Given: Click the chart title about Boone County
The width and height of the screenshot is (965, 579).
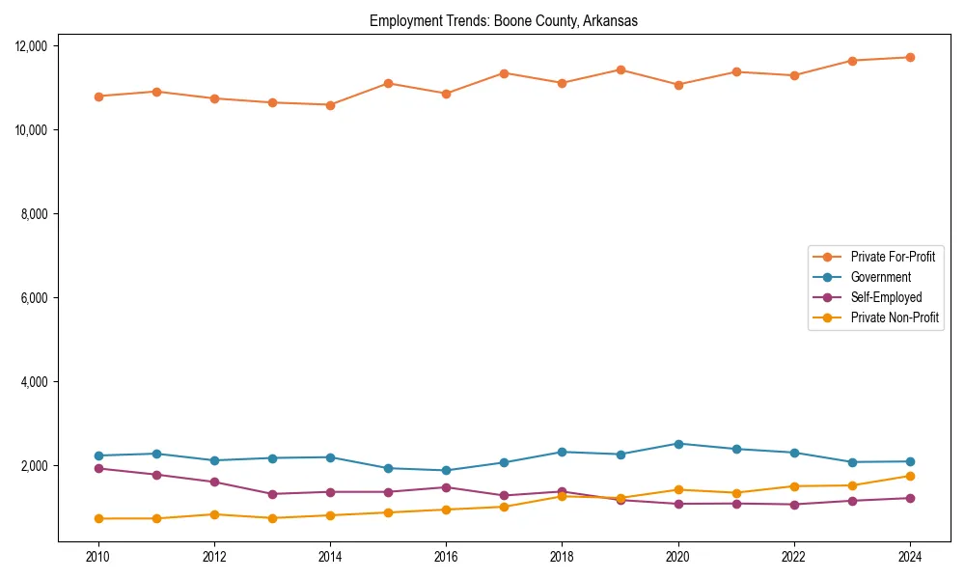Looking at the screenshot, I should coord(503,21).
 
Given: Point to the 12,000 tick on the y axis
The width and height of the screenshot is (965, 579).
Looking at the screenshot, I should coord(40,46).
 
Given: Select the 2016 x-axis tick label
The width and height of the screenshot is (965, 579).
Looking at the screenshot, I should coord(446,557).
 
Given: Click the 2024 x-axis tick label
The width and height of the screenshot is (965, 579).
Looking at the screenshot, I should coord(910,557).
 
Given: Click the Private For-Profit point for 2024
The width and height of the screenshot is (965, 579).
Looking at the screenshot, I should coord(910,57).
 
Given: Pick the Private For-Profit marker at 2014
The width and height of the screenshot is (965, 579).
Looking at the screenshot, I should coord(330,104).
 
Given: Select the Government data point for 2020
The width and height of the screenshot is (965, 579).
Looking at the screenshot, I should coord(678,444).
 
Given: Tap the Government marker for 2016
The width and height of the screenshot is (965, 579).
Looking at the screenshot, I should coord(446,471).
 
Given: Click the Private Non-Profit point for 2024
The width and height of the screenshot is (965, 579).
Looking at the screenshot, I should coord(910,476).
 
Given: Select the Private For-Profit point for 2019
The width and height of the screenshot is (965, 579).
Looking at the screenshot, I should coord(620,69).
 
